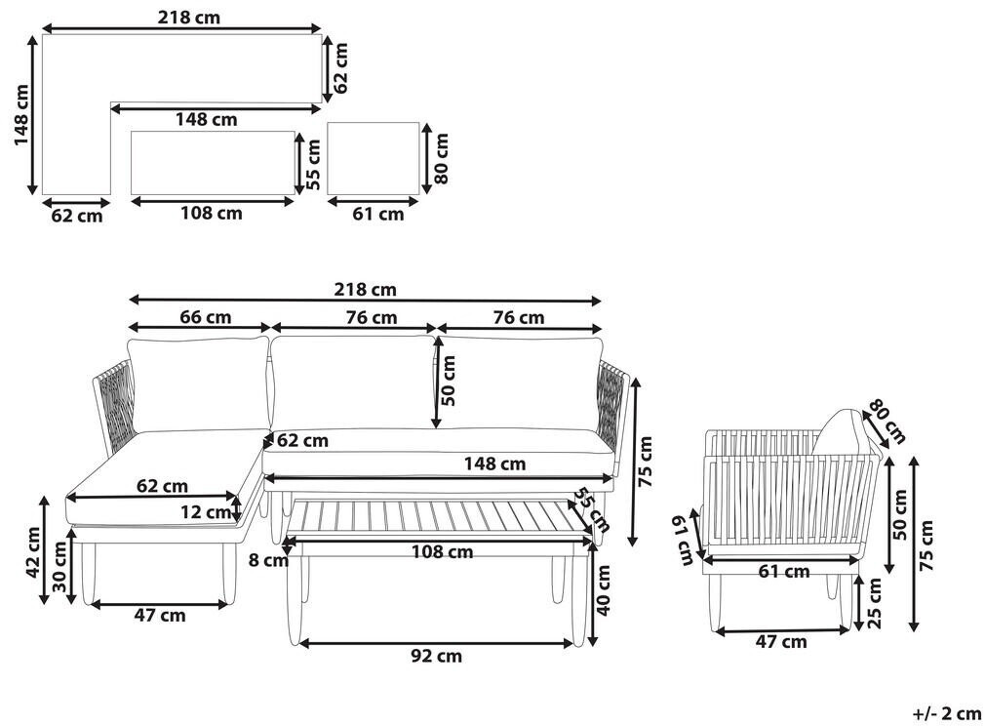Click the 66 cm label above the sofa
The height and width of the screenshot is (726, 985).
206,317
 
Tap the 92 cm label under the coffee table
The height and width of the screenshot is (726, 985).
436,656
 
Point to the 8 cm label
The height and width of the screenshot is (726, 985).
268,559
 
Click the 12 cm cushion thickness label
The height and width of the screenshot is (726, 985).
206,512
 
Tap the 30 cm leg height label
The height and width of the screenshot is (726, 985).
59,566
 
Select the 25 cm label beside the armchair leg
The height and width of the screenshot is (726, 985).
875,603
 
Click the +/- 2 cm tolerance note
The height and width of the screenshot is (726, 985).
947,713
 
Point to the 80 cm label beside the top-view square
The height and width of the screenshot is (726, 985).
442,158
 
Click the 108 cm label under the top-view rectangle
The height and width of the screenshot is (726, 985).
212,214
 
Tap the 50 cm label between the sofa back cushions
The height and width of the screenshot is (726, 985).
448,381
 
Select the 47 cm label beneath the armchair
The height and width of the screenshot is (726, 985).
781,642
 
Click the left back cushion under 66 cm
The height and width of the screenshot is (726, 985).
199,384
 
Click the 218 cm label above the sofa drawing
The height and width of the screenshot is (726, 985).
365,290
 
